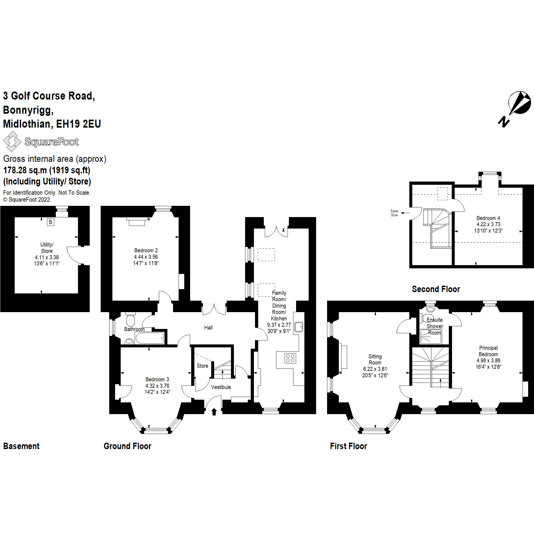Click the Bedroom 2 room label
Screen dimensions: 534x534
pos(146,250)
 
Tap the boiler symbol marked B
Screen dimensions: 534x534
pos(50,222)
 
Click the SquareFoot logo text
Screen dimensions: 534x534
pos(52,142)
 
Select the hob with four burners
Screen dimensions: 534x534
pos(290,358)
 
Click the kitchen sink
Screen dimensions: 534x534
pos(299,327)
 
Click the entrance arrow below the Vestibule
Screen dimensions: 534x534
pos(214,412)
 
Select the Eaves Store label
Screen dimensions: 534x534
pos(394,213)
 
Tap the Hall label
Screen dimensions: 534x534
pos(208,328)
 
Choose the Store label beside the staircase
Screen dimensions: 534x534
pos(202,366)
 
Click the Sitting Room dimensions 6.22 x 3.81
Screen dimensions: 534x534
pos(375,369)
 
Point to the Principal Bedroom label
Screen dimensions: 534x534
pos(488,351)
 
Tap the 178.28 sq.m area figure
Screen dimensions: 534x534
pos(25,170)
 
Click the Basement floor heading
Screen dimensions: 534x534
pos(21,446)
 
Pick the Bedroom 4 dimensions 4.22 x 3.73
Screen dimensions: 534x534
pos(488,224)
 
